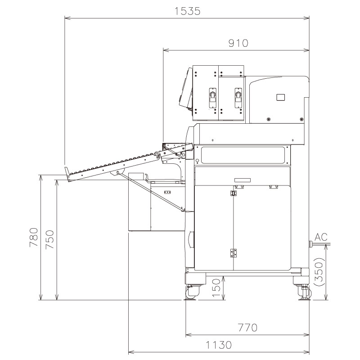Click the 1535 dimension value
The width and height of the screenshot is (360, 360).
pyautogui.click(x=187, y=11)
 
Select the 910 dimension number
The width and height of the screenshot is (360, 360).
pyautogui.click(x=238, y=43)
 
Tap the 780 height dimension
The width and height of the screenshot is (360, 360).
pyautogui.click(x=34, y=237)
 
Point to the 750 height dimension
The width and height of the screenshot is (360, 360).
pyautogui.click(x=50, y=239)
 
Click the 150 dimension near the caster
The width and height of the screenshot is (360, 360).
pyautogui.click(x=216, y=288)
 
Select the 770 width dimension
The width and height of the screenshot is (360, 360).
pyautogui.click(x=247, y=328)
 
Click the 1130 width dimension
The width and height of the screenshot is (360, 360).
pyautogui.click(x=218, y=345)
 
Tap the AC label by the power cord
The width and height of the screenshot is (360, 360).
pyautogui.click(x=321, y=237)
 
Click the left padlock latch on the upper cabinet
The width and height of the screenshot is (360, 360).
pyautogui.click(x=212, y=98)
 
